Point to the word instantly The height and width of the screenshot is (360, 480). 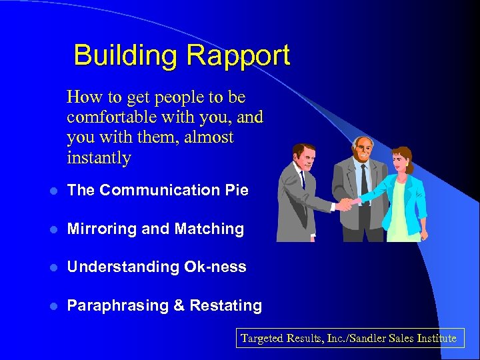[99, 158]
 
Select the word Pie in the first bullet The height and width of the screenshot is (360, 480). [237, 190]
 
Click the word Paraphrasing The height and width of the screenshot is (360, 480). [117, 306]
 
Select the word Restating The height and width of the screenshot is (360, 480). [226, 305]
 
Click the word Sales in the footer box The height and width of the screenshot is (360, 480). [393, 338]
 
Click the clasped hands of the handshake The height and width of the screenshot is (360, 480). [347, 204]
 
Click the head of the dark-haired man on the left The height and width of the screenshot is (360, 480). [304, 158]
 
